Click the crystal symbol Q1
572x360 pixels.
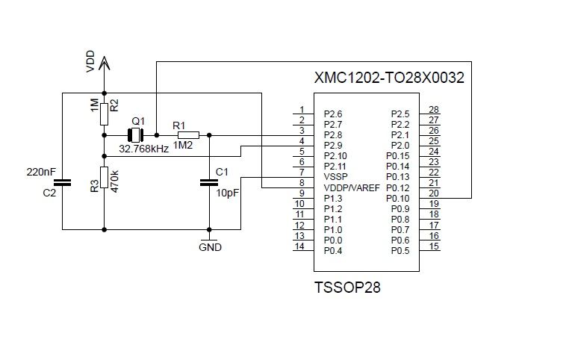(x=135, y=135)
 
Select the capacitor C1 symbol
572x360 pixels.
(x=209, y=181)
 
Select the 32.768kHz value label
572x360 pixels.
(x=144, y=149)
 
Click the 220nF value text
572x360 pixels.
(x=41, y=172)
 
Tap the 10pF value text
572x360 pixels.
(x=228, y=192)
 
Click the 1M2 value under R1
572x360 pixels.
(x=183, y=145)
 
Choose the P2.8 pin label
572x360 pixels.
(x=333, y=135)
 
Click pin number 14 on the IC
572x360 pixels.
(x=299, y=246)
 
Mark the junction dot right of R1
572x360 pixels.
(x=209, y=135)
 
